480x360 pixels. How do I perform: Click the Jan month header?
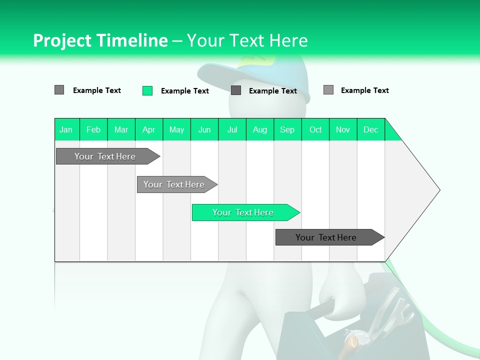[66, 129]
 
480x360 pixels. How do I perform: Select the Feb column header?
[93, 129]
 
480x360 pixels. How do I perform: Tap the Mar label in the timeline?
[121, 129]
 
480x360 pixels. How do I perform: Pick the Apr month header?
[148, 129]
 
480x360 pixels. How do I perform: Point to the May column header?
[176, 129]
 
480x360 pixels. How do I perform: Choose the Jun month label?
[204, 129]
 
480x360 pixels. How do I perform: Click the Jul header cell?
[232, 129]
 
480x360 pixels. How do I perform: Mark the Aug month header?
[260, 129]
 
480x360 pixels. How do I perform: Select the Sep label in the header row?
[287, 129]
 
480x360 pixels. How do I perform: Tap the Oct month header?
[315, 129]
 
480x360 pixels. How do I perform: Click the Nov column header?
[343, 129]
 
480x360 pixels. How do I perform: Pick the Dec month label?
[370, 129]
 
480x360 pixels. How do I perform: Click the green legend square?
[147, 90]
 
